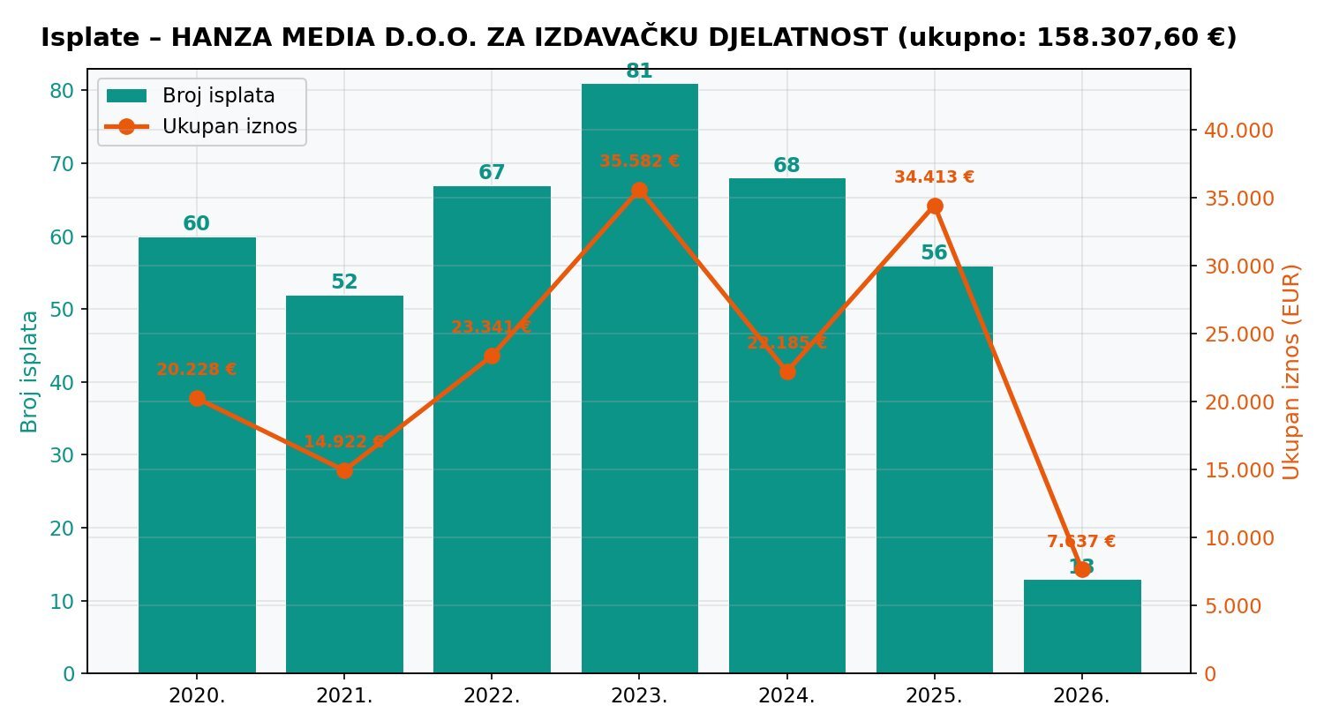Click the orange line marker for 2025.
[935, 206]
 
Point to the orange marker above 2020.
[197, 399]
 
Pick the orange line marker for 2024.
[787, 372]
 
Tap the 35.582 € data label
[639, 161]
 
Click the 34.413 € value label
[934, 177]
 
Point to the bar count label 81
[639, 71]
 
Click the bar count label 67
[492, 173]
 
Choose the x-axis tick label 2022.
[492, 695]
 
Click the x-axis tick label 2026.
[1081, 695]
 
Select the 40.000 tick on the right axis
[1239, 131]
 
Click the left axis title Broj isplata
[30, 371]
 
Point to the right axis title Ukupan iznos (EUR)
[1291, 371]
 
